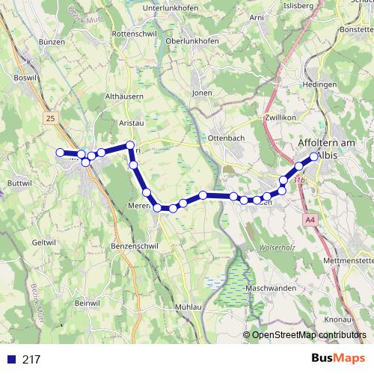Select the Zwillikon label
(x=280, y=118)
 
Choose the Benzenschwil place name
(x=134, y=245)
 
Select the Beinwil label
(x=88, y=302)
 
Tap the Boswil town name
(x=25, y=77)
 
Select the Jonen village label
(x=202, y=93)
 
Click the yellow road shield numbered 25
(x=50, y=118)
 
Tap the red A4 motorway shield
(x=310, y=220)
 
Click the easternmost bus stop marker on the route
(x=314, y=157)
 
